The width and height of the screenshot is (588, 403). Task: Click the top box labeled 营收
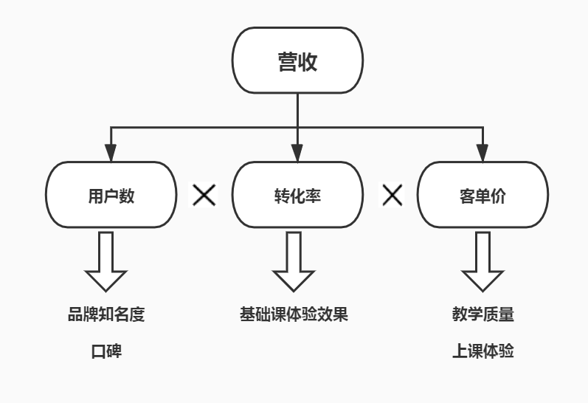(x=297, y=61)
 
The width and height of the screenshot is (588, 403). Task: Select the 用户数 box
(x=111, y=196)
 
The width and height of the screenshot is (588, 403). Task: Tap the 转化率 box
(x=297, y=196)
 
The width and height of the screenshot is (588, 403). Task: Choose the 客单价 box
(x=482, y=196)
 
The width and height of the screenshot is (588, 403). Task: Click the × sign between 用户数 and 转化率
(x=204, y=195)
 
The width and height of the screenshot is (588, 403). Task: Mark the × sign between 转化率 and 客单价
(x=392, y=195)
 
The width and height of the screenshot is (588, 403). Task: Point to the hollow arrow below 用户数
(x=106, y=261)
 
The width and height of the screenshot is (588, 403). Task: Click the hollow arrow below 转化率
(x=294, y=261)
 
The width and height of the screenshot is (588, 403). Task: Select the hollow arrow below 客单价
(x=482, y=261)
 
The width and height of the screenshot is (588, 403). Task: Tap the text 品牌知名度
(x=106, y=314)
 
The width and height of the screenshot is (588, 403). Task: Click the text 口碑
(x=106, y=351)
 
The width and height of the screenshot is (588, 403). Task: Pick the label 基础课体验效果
(x=294, y=314)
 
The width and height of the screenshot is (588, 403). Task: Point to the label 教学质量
(x=482, y=314)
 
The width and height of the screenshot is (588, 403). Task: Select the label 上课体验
(x=482, y=351)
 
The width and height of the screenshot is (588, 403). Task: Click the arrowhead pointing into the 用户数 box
(x=111, y=154)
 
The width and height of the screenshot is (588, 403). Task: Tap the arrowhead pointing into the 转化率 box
(x=297, y=154)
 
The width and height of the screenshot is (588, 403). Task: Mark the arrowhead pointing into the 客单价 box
(x=483, y=154)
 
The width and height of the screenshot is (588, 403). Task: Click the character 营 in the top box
(x=288, y=61)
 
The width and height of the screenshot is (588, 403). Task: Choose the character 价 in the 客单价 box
(x=499, y=196)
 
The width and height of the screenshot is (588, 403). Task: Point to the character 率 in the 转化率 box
(x=314, y=196)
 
